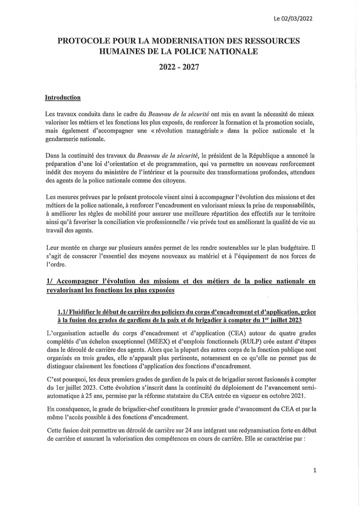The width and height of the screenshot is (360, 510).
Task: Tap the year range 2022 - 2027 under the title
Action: click(x=179, y=67)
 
